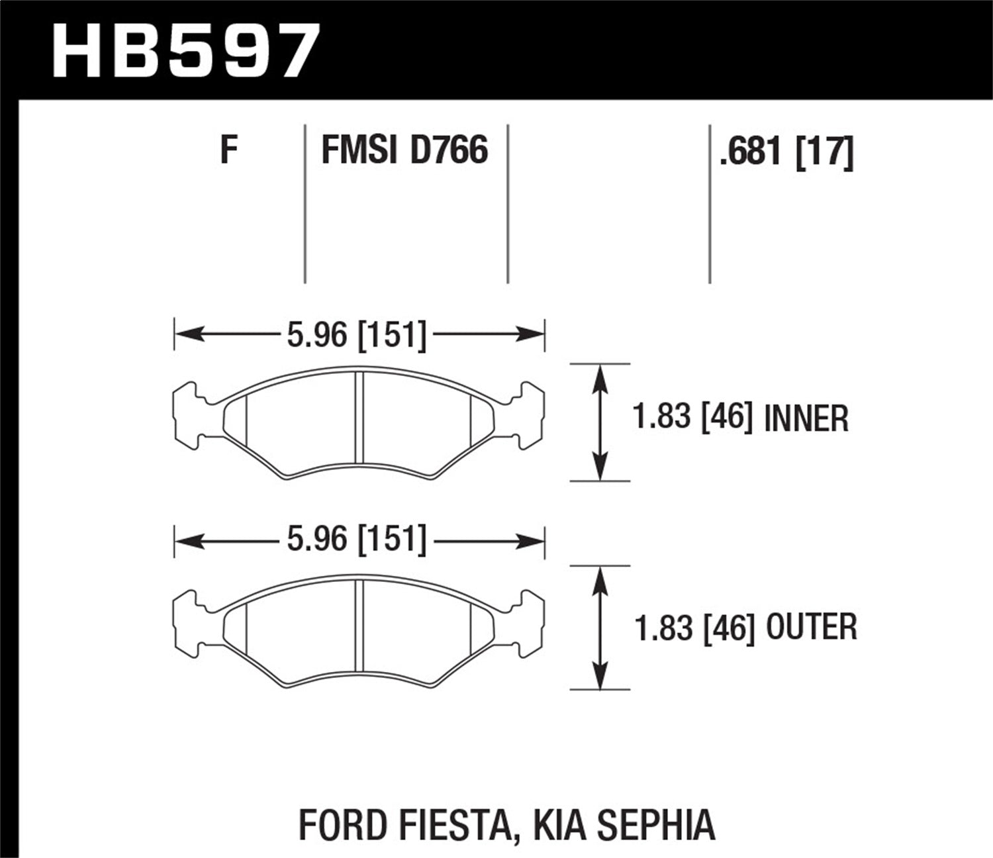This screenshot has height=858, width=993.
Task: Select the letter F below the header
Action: tap(228, 150)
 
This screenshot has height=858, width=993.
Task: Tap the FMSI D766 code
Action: tap(404, 150)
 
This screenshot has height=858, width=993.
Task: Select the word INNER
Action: tap(806, 419)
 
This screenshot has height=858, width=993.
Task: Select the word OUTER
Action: tap(811, 627)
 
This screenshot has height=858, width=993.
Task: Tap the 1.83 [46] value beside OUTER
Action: tap(694, 627)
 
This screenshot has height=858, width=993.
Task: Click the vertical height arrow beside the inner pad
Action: tap(600, 422)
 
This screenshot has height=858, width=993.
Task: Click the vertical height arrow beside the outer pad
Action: tap(600, 628)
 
